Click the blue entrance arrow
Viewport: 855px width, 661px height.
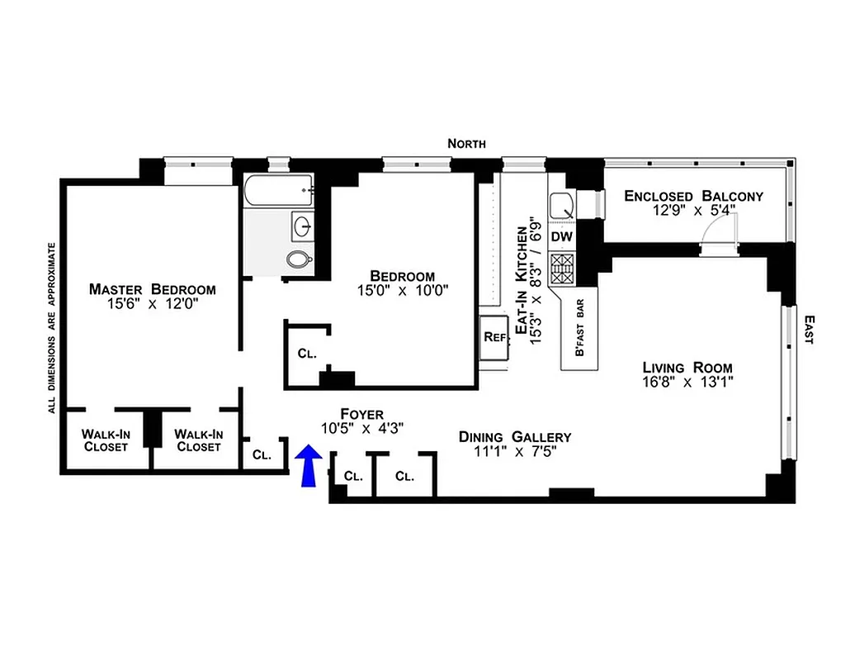pos(309,465)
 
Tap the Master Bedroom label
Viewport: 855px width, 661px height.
pos(153,289)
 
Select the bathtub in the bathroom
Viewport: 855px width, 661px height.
pos(278,192)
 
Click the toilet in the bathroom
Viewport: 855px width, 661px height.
pos(299,259)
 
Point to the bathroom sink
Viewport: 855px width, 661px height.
pos(303,224)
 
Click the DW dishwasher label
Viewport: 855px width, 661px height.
pos(562,237)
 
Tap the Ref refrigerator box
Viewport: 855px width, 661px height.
pos(494,337)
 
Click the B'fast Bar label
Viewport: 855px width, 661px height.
pos(579,335)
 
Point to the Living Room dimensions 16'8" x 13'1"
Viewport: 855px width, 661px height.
pos(688,382)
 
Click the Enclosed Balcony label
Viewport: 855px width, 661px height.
pos(693,196)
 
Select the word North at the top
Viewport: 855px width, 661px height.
pos(466,144)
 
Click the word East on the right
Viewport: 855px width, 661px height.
pos(810,328)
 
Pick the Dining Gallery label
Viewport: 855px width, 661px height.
pos(515,437)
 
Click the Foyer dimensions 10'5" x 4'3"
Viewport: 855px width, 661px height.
pos(362,427)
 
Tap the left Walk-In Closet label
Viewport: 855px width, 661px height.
pos(105,440)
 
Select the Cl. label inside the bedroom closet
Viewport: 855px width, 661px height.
pos(307,354)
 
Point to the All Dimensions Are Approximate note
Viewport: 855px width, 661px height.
pos(51,327)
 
